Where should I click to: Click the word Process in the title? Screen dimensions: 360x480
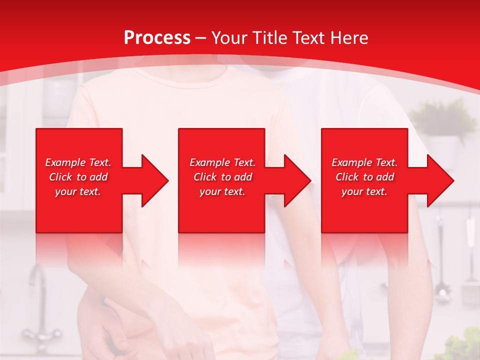pyautogui.click(x=157, y=37)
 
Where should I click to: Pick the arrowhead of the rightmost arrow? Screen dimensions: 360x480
pyautogui.click(x=439, y=180)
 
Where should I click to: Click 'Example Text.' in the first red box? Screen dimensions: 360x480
pyautogui.click(x=78, y=162)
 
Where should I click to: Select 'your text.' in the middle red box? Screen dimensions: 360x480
pyautogui.click(x=222, y=191)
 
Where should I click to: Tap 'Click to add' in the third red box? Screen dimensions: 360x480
pyautogui.click(x=364, y=177)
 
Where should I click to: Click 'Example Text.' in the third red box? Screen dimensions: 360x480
pyautogui.click(x=364, y=162)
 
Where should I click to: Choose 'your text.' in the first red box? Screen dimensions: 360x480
pyautogui.click(x=78, y=191)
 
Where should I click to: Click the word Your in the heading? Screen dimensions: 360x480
pyautogui.click(x=229, y=37)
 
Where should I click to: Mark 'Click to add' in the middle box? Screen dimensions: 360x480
pyautogui.click(x=222, y=177)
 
